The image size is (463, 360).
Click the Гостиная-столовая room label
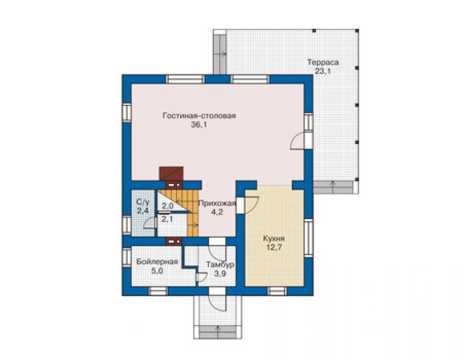click(199, 116)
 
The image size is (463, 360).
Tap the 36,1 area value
click(199, 125)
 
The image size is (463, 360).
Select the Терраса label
click(323, 63)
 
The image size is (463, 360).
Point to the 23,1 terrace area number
click(323, 71)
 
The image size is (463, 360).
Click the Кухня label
click(274, 239)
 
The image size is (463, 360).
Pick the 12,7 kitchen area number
click(274, 247)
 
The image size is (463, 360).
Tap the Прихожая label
click(217, 203)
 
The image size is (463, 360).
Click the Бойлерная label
click(157, 262)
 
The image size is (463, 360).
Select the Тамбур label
click(220, 265)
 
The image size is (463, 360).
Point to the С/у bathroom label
click(143, 202)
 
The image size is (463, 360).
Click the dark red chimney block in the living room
click(171, 173)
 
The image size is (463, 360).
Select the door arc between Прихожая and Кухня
click(252, 205)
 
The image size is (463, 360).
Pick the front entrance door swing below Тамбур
click(217, 302)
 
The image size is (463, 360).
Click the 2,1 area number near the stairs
click(167, 220)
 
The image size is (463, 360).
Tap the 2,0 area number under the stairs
click(167, 206)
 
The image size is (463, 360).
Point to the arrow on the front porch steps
click(218, 332)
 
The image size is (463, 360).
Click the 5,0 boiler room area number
click(157, 270)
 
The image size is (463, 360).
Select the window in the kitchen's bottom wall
click(277, 291)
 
